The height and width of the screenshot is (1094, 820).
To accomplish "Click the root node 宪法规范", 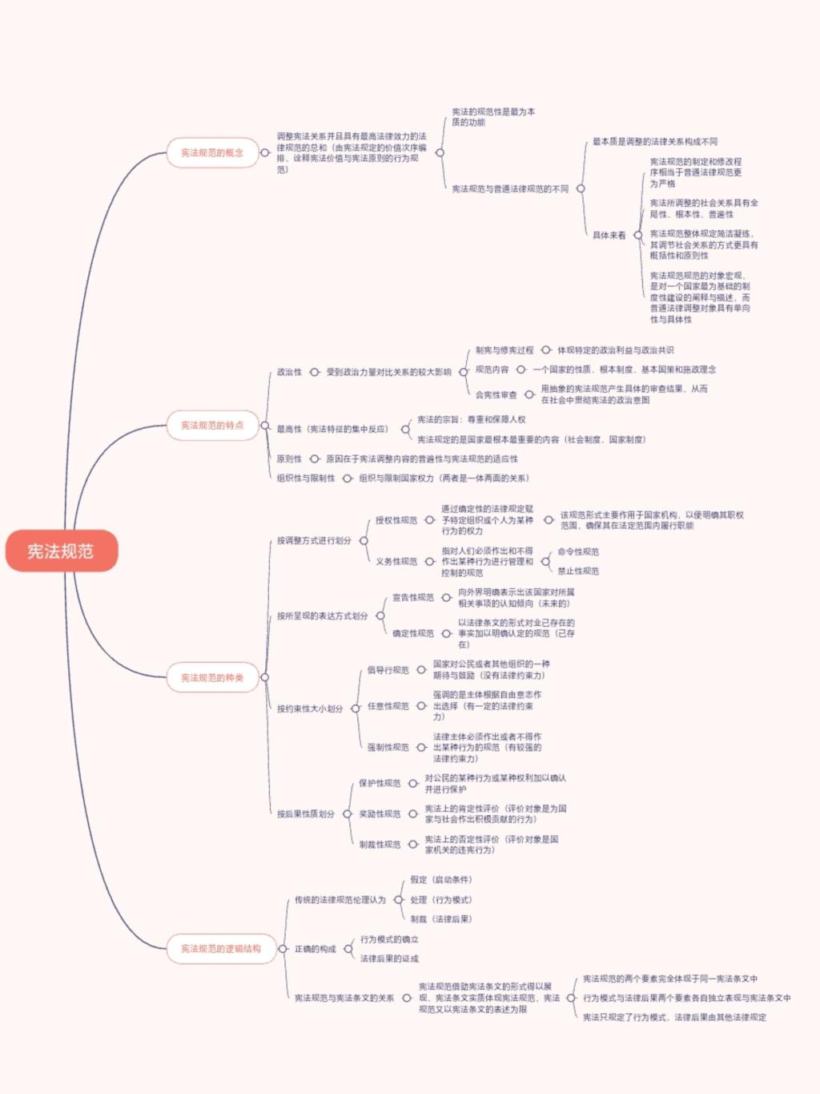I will point(61,551).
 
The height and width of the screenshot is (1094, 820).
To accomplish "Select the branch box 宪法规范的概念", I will point(211,153).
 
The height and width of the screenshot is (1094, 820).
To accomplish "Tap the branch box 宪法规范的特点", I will point(211,426).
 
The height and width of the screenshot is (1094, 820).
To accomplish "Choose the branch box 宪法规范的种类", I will point(211,678).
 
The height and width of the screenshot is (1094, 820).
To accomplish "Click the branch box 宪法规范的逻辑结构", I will point(220,949).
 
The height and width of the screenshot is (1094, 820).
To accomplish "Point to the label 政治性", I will point(289,372).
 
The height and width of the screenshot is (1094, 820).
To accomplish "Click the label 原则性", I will point(289,459).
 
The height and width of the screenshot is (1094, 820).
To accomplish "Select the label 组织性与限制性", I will point(306,478).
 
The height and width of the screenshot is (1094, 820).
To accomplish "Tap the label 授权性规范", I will point(396,520).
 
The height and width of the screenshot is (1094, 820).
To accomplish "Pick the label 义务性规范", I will point(396,561).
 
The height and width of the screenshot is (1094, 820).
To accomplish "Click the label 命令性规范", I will point(578,551).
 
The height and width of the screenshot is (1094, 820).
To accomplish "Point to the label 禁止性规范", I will point(578,571).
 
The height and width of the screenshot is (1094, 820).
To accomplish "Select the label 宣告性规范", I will point(413,597).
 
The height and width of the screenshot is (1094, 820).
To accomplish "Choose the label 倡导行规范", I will point(388,670).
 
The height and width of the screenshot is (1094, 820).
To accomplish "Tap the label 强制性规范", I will point(388,747).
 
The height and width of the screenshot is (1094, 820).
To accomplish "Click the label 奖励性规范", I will point(380,813).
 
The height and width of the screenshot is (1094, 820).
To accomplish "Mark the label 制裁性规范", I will point(380,844).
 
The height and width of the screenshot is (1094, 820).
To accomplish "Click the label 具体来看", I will point(609,236).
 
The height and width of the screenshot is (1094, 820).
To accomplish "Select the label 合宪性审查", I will point(496,394).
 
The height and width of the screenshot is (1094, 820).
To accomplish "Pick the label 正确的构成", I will point(315,949).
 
